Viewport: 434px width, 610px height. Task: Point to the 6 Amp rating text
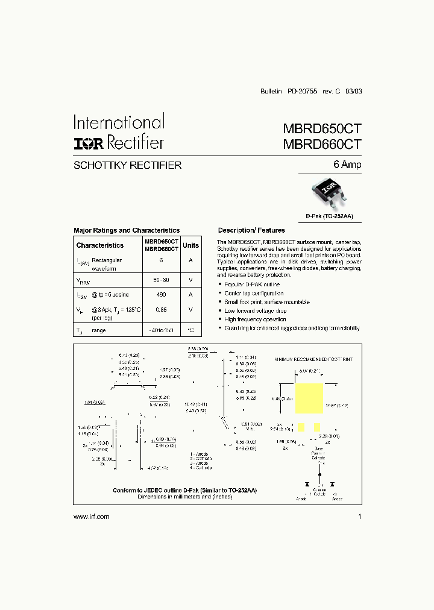click(x=348, y=165)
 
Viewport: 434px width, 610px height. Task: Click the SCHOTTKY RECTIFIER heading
click(x=127, y=165)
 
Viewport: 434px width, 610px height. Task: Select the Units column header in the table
click(x=190, y=245)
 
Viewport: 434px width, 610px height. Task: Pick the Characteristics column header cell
click(x=100, y=245)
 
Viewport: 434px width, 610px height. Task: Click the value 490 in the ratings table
click(x=161, y=294)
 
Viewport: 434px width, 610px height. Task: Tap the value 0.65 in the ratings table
click(x=161, y=309)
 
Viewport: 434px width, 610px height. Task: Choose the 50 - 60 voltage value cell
click(x=161, y=280)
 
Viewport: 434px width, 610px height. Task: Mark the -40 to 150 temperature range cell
click(x=161, y=331)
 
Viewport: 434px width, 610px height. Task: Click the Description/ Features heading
click(x=251, y=230)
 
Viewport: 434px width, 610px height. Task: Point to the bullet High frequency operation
click(x=255, y=319)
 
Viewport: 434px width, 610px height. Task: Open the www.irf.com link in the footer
click(x=91, y=517)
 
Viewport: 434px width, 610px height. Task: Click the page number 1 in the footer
click(x=359, y=517)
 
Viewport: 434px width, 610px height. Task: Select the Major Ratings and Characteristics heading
click(x=127, y=230)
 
